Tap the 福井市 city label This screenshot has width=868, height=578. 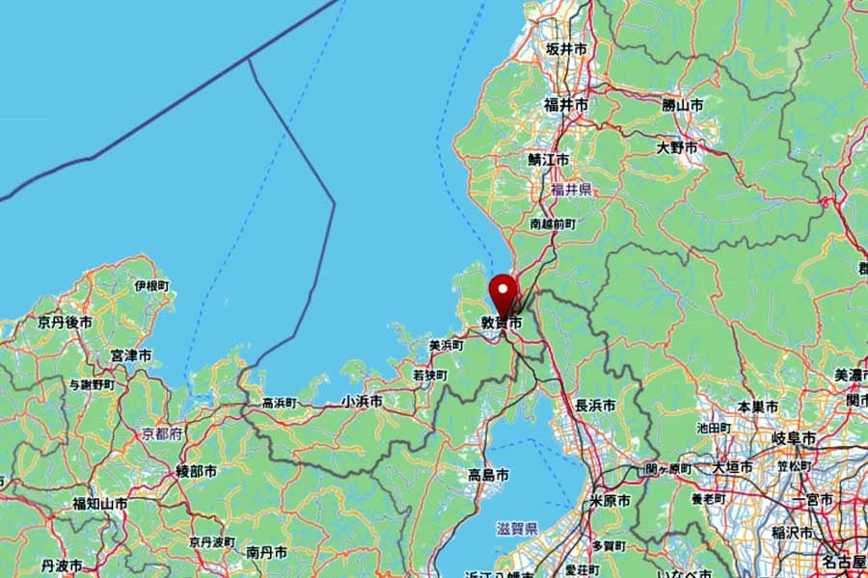566,104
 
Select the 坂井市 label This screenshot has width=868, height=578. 566,48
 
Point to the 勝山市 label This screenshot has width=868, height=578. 682,104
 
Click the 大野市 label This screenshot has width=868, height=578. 677,148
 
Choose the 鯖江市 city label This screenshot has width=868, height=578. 549,160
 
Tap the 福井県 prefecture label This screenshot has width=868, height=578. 572,190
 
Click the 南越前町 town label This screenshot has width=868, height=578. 553,223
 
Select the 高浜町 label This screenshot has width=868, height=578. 281,403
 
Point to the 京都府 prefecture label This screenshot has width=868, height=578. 162,434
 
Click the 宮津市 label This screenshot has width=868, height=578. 131,356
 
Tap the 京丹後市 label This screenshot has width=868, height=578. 66,323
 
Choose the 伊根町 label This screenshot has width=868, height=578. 151,286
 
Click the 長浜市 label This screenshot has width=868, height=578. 595,406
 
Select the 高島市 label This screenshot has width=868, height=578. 489,475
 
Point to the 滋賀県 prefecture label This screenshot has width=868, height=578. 517,529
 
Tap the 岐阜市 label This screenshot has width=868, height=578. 795,438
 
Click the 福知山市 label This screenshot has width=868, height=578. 100,504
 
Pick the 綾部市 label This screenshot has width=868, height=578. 197,471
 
